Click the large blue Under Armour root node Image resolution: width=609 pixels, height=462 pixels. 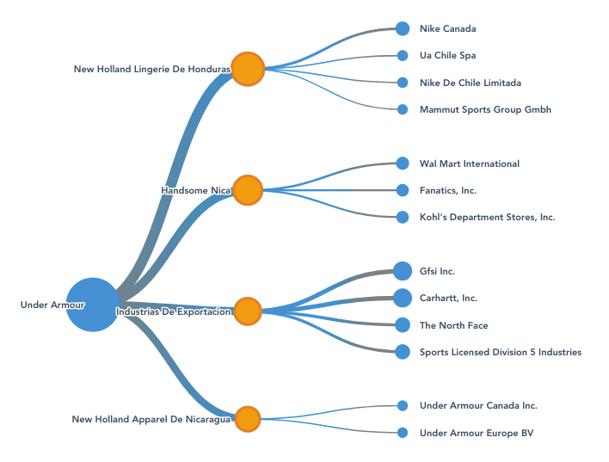click(x=92, y=305)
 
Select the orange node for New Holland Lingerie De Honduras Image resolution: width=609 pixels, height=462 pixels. click(x=248, y=69)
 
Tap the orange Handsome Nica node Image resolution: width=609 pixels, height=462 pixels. click(x=248, y=189)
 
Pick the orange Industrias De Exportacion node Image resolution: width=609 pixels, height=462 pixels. click(x=248, y=311)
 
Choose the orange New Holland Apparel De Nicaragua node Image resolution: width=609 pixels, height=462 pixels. click(x=248, y=419)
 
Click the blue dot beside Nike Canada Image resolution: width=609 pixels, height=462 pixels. click(x=403, y=28)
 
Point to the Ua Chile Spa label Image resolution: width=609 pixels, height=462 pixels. click(x=447, y=56)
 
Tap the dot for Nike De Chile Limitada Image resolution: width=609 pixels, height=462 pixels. click(x=403, y=83)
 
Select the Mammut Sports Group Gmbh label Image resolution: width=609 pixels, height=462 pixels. click(x=485, y=109)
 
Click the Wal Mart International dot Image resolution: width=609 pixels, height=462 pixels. click(x=403, y=163)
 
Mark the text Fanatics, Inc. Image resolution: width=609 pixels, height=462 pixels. click(x=448, y=190)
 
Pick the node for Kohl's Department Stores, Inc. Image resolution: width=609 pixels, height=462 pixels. click(x=403, y=217)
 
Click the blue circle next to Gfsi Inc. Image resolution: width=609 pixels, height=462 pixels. click(x=403, y=271)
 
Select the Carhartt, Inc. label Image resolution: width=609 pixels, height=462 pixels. click(x=448, y=298)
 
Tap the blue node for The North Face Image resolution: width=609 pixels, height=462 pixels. click(x=403, y=325)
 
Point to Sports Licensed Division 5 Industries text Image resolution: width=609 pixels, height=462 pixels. click(x=501, y=352)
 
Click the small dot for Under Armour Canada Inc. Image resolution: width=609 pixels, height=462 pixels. click(x=403, y=405)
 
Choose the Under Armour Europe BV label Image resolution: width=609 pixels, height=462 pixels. click(x=477, y=433)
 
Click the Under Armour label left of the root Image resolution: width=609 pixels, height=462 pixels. click(x=52, y=305)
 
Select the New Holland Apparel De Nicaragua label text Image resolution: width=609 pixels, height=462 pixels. click(x=151, y=420)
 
